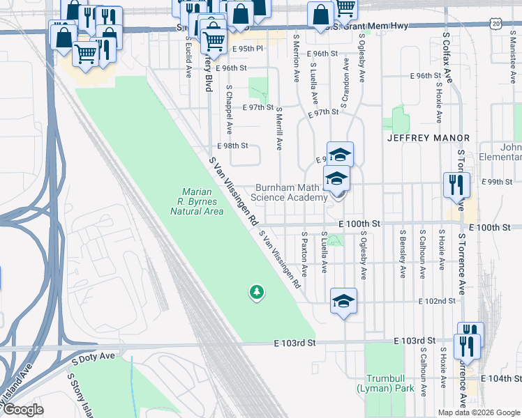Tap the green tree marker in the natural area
[258, 292]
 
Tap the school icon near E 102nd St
[343, 300]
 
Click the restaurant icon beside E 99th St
[456, 185]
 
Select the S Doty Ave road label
[93, 357]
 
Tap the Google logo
[24, 410]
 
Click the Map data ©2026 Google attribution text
[478, 412]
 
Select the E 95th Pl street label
[249, 49]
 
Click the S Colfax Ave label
[447, 56]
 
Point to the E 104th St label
[505, 378]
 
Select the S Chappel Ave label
[228, 110]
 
